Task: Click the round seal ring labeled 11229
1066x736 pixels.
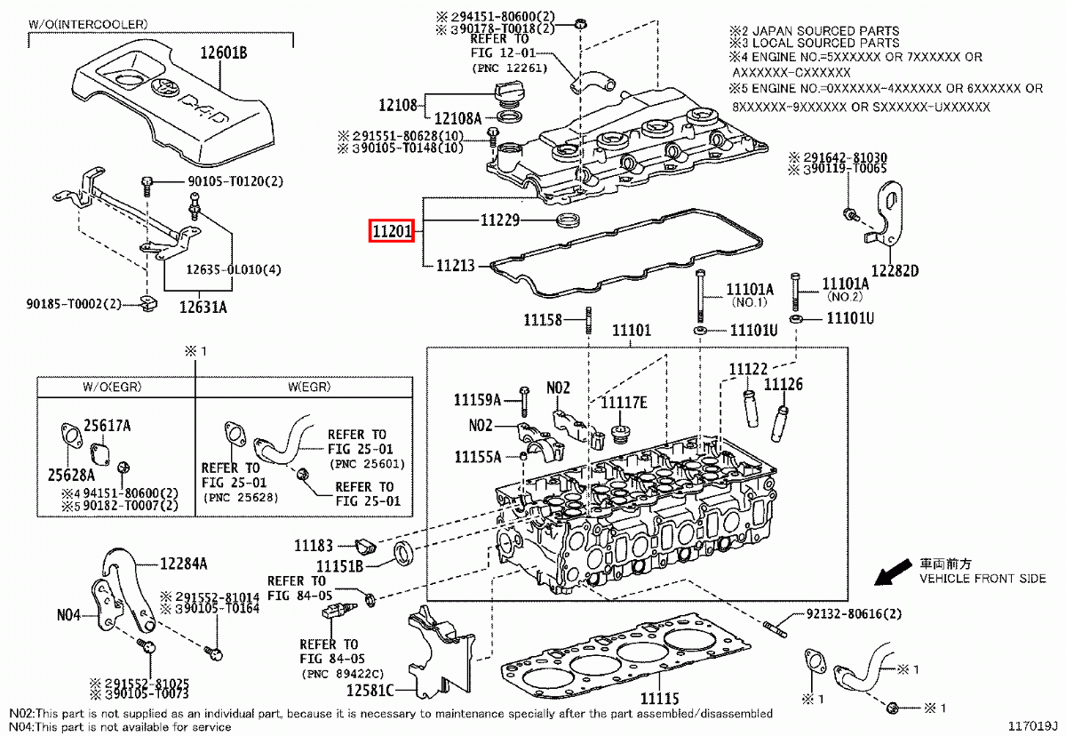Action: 565,220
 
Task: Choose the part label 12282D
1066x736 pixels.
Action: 894,269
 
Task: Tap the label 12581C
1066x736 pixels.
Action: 371,690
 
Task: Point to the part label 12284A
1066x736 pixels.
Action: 184,563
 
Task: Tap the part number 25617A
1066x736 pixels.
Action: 107,427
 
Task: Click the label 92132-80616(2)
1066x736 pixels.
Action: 855,614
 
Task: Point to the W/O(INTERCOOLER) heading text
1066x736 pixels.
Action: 89,23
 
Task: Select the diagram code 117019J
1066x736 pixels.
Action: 1032,725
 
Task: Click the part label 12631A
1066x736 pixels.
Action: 203,308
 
